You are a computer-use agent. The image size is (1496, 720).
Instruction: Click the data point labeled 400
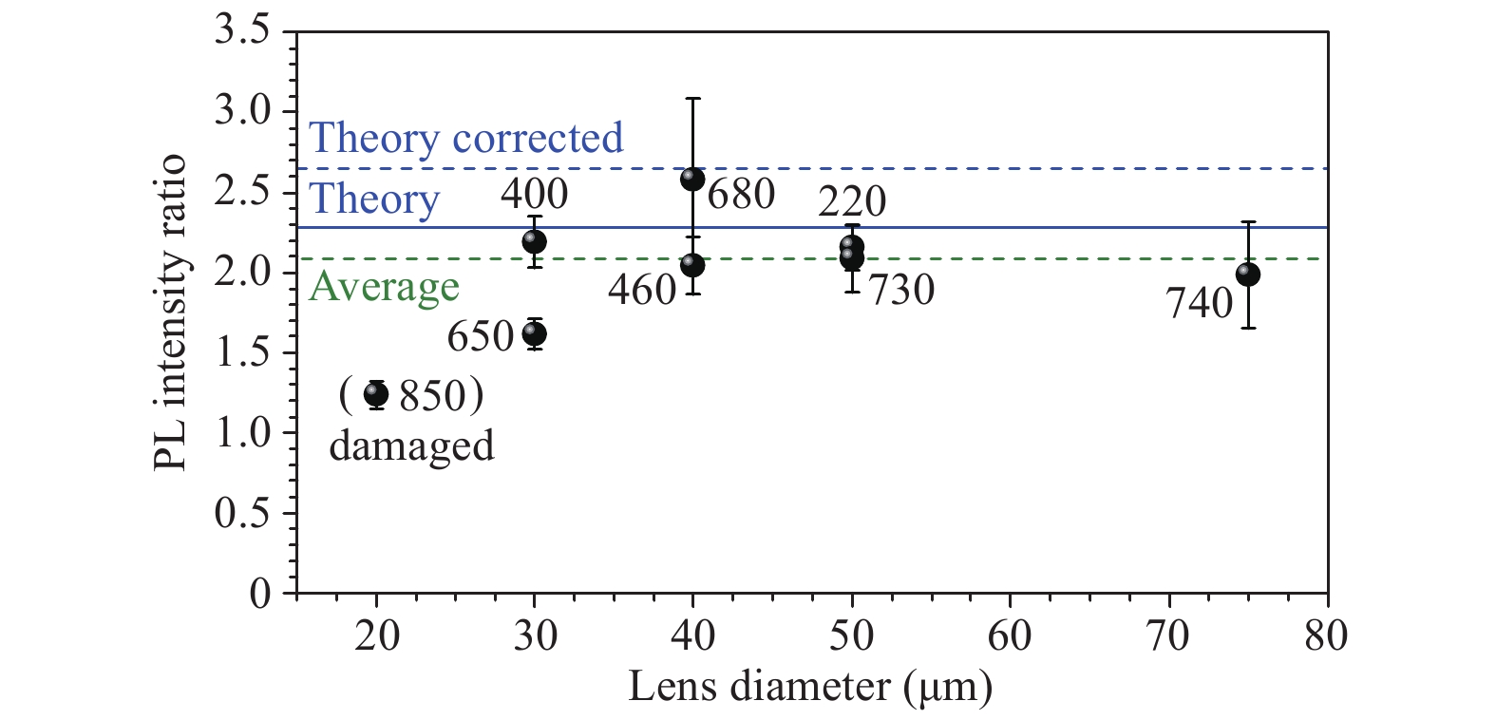coord(534,241)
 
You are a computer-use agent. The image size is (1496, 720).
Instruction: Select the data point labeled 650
coord(534,333)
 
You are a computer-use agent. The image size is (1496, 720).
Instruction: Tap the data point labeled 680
coord(692,179)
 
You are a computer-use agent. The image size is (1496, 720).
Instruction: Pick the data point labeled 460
coord(692,265)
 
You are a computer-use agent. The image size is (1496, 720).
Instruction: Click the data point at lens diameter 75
coord(1248,275)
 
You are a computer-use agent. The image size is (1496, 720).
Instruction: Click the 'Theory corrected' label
coord(466,138)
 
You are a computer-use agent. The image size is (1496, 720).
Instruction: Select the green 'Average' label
coord(385,286)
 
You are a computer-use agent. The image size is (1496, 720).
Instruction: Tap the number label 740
coord(1199,304)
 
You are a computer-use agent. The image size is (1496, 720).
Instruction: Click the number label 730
coord(901,290)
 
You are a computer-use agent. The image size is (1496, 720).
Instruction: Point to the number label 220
coord(852,201)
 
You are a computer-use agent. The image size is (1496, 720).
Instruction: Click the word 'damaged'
coord(411,445)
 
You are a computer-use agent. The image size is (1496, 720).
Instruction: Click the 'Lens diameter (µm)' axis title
coord(810,686)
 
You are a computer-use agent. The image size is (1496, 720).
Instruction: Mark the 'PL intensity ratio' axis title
coord(170,313)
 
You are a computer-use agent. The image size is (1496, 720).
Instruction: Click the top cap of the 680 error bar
coord(692,98)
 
